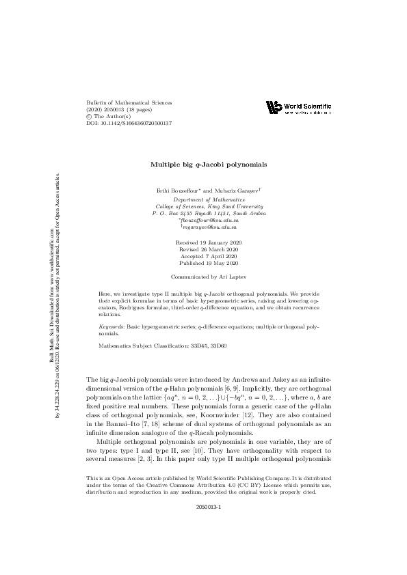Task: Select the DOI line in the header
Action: [129, 123]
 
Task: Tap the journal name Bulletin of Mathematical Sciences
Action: [129, 102]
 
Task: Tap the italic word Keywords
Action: [113, 327]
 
